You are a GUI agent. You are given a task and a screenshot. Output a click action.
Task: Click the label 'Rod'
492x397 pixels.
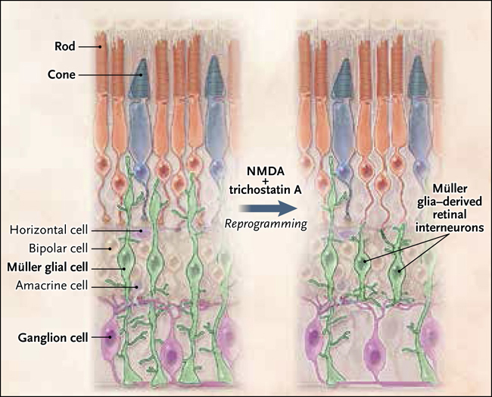65,46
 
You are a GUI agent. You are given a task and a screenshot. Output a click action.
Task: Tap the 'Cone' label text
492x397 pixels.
61,75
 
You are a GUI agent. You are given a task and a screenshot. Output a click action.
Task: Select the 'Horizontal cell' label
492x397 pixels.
48,230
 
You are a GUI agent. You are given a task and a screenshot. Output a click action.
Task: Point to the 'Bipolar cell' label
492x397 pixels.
58,249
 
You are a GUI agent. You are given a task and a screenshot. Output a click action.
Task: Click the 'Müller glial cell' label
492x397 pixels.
48,267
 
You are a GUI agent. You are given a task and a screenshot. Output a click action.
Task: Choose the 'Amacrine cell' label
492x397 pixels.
51,286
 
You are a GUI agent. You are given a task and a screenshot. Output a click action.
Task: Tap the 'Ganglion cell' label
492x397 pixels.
53,338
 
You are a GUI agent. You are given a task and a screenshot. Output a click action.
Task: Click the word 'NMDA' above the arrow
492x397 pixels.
266,171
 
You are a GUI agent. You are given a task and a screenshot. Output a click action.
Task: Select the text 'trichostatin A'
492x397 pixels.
266,190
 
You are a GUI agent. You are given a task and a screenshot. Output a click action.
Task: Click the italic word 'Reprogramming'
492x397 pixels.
266,224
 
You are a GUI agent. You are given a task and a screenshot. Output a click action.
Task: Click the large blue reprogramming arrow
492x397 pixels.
267,208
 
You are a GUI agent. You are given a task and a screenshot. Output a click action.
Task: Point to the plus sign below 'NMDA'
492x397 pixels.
266,181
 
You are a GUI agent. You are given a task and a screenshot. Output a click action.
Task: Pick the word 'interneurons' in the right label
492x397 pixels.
450,227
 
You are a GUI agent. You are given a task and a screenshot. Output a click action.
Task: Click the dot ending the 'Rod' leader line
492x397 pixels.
100,47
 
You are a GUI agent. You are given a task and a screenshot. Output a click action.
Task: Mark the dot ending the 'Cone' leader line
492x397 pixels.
142,75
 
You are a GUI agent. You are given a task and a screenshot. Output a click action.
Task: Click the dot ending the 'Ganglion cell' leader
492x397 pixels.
111,338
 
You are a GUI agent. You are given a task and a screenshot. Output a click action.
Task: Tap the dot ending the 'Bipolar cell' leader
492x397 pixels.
110,249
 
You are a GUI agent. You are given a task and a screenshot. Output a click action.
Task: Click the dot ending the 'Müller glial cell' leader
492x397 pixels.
125,269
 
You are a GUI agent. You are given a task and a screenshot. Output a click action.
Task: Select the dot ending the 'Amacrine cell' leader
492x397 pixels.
136,286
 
